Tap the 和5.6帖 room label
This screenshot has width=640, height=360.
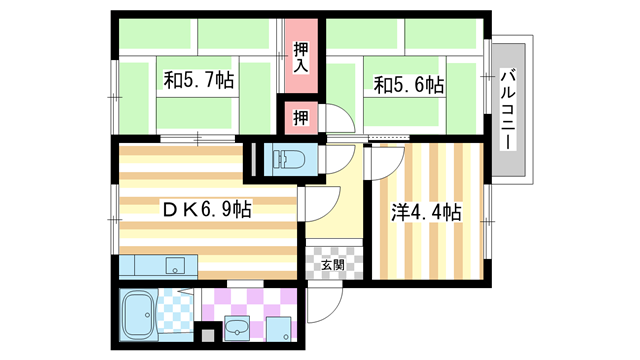coord(409,86)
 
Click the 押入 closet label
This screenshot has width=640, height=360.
coord(300,59)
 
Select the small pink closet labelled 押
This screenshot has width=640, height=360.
coord(300,118)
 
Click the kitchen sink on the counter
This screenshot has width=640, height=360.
coord(175,266)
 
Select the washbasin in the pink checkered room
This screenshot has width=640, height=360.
coord(238,328)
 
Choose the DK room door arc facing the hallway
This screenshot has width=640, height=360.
coord(318,205)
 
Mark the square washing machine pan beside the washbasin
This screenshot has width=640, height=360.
coord(279,327)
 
